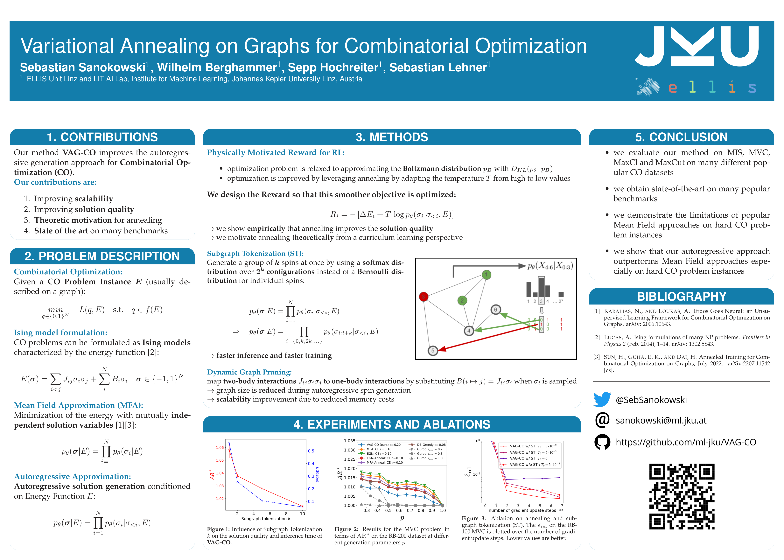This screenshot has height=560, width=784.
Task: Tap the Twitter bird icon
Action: [602, 400]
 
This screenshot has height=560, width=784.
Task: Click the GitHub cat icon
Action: [602, 442]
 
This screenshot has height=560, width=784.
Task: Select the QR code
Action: [682, 497]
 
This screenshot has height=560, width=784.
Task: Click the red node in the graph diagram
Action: [423, 297]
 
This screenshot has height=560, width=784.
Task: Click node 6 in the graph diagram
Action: [495, 310]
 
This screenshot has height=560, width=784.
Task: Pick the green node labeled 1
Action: [486, 275]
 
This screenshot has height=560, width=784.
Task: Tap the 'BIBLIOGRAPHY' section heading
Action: [681, 297]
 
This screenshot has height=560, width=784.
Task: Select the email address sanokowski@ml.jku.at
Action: [661, 420]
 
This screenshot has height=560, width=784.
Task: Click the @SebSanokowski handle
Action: [651, 400]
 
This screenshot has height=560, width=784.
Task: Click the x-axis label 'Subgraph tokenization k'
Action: [265, 519]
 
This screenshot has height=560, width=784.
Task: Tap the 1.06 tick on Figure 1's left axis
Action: [220, 448]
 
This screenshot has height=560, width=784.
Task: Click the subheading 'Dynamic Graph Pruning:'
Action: [249, 372]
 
